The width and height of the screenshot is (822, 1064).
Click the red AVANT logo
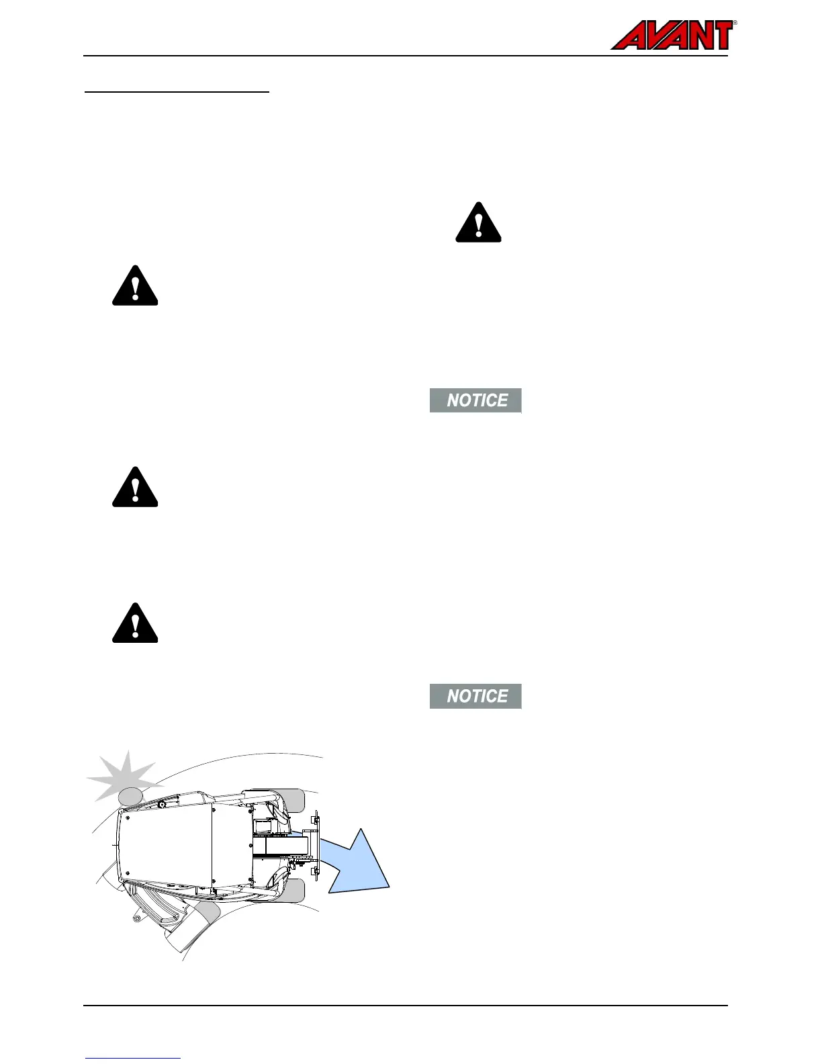point(672,36)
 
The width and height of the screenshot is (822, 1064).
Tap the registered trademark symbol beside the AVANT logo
point(735,23)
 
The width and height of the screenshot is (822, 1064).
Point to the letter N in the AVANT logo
point(693,36)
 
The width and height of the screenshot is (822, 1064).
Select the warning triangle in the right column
point(478,223)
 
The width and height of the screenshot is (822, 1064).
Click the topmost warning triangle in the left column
point(135,287)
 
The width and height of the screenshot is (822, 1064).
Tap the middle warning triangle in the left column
point(135,488)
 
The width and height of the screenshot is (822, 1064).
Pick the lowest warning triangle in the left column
point(135,624)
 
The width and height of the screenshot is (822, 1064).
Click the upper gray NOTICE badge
point(475,400)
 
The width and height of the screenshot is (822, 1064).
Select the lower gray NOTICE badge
point(475,696)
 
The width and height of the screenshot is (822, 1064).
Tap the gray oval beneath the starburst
point(130,796)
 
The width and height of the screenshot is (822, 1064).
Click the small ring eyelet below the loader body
point(136,918)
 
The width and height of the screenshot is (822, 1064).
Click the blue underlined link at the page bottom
point(133,1058)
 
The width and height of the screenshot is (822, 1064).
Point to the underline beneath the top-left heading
point(177,92)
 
